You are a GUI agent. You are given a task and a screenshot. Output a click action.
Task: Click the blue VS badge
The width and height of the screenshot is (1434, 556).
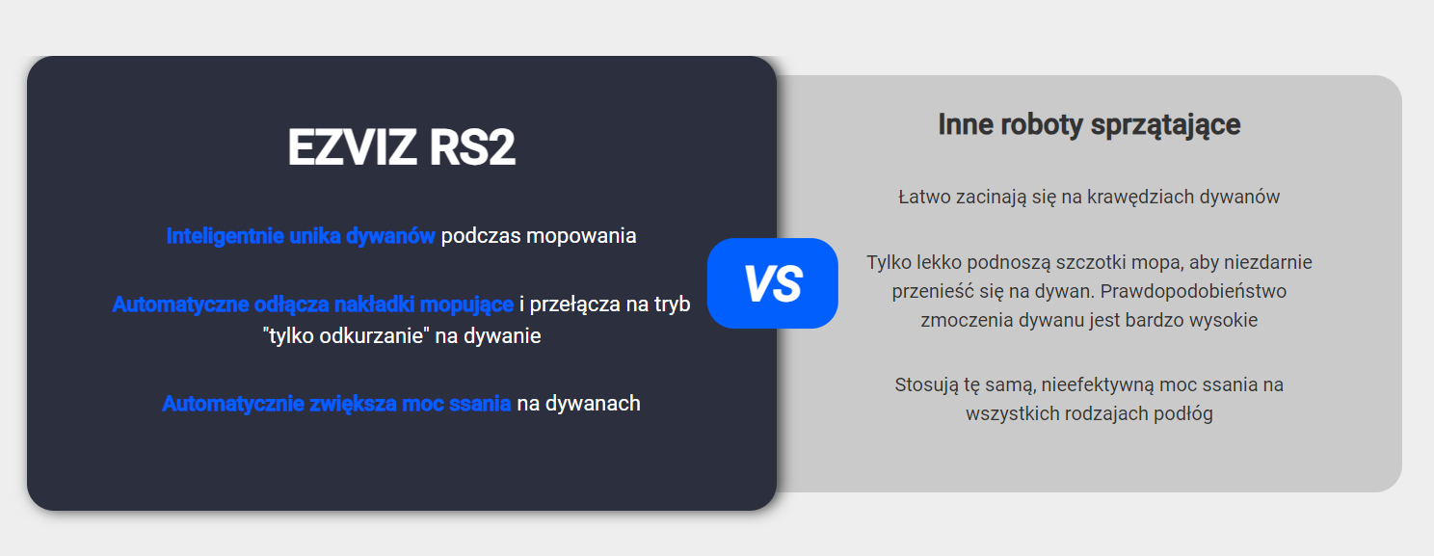point(772,283)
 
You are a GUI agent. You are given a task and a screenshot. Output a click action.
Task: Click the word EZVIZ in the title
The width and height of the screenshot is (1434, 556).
point(352,147)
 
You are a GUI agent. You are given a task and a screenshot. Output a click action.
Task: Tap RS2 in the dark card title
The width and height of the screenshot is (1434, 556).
point(472,147)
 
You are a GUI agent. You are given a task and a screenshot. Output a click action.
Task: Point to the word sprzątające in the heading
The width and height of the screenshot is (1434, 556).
point(1166,125)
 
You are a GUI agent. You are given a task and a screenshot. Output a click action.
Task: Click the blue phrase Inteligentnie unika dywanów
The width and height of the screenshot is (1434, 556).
point(301,236)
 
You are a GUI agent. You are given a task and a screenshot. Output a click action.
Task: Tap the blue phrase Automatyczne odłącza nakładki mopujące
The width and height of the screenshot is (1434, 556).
point(312,304)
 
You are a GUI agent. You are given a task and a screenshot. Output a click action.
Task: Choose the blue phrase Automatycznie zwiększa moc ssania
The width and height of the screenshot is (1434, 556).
point(336,404)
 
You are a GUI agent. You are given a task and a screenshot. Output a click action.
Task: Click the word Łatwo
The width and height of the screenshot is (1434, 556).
point(924,197)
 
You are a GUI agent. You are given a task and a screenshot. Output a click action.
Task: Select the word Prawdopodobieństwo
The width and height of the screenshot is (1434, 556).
point(1193,292)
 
